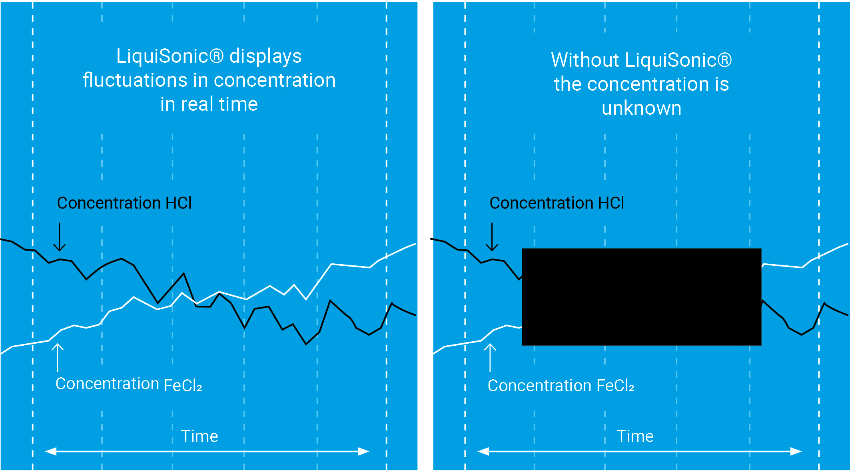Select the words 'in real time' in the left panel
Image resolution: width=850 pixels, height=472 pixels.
[x=209, y=104]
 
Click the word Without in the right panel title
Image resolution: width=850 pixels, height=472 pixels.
[x=585, y=60]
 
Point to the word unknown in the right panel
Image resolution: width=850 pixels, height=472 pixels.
[x=641, y=108]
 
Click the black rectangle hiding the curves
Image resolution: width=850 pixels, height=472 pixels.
[x=641, y=297]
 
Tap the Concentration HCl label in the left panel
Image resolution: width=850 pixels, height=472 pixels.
[x=124, y=203]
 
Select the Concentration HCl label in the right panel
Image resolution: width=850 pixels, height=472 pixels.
[x=557, y=203]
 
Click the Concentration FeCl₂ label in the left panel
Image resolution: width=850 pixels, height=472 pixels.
[x=128, y=384]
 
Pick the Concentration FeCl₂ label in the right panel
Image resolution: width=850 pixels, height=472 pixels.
[x=561, y=386]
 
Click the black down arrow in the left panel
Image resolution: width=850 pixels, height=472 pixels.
[x=60, y=237]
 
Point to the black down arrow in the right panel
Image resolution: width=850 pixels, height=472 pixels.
[x=492, y=237]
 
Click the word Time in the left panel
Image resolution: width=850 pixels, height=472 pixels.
[x=200, y=436]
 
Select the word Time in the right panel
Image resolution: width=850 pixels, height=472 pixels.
[x=635, y=436]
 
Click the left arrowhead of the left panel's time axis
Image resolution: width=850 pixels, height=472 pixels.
[x=50, y=452]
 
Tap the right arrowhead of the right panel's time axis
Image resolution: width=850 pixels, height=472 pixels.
[x=796, y=452]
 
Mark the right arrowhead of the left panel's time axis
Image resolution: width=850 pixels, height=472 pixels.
[x=364, y=452]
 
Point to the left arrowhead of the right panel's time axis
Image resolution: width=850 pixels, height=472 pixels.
[x=483, y=452]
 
